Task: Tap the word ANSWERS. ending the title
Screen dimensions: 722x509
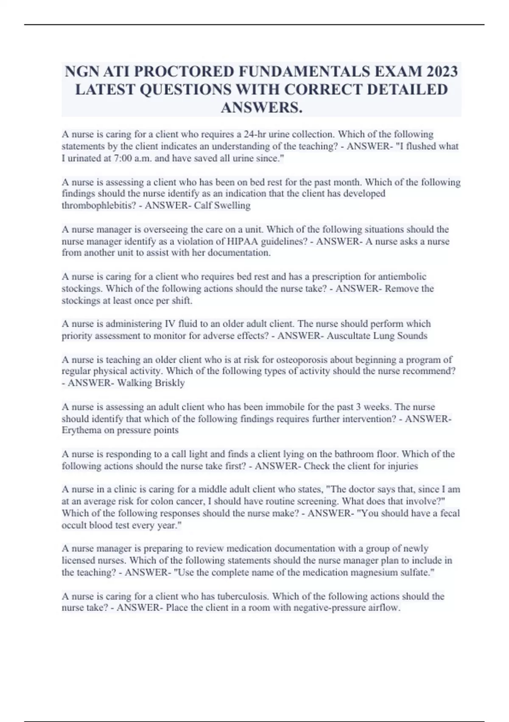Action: pos(262,108)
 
